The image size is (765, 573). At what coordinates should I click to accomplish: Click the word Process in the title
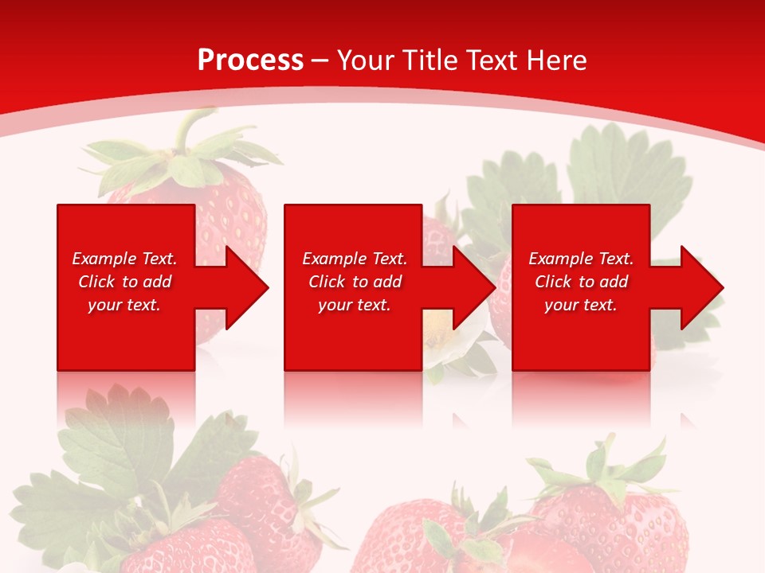click(x=250, y=60)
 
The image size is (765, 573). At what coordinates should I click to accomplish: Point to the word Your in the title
click(x=367, y=60)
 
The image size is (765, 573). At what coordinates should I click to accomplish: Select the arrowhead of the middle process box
click(x=473, y=287)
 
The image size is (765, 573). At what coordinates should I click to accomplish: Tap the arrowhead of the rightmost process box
click(x=700, y=287)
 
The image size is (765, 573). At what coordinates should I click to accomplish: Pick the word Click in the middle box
click(x=328, y=282)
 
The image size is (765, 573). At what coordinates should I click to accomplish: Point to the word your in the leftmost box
click(x=104, y=305)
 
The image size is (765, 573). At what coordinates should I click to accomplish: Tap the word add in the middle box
click(x=388, y=282)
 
